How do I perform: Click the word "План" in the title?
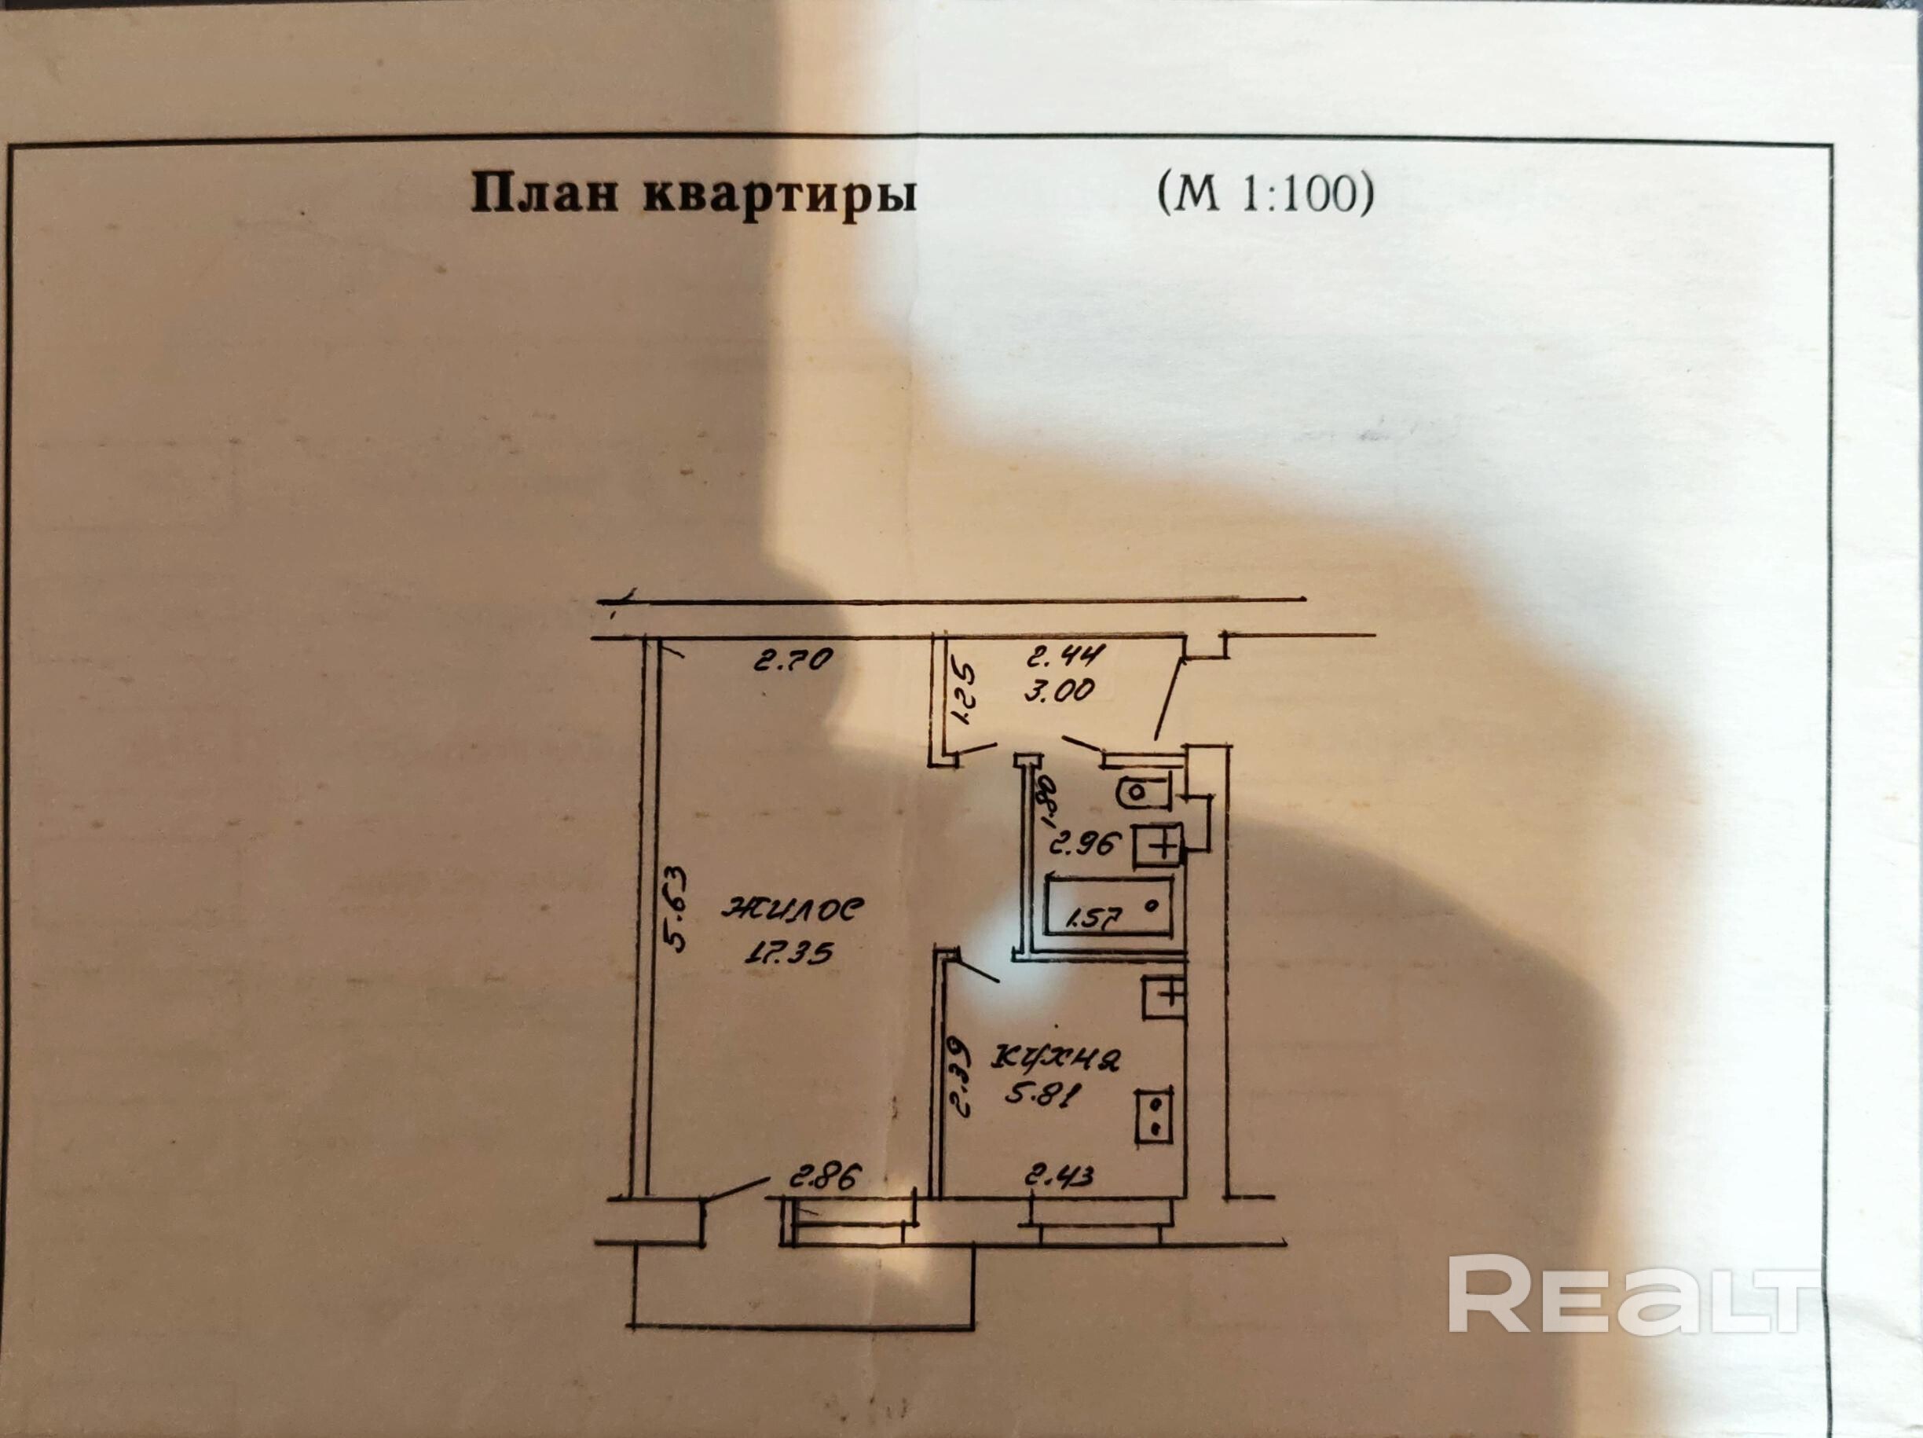tap(544, 195)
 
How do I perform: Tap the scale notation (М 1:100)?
tap(1265, 195)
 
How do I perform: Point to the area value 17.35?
tap(788, 953)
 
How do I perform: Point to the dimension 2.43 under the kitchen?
tap(1059, 1179)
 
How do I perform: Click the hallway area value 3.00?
tap(1060, 691)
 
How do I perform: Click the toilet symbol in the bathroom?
tap(1142, 793)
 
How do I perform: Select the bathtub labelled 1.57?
tap(1108, 908)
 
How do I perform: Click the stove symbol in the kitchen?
tap(1156, 1117)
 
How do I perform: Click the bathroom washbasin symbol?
tap(1157, 843)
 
